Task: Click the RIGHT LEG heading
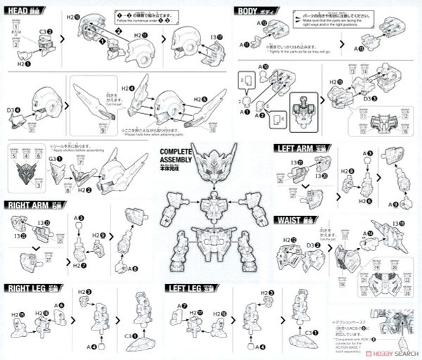pyautogui.click(x=30, y=288)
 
